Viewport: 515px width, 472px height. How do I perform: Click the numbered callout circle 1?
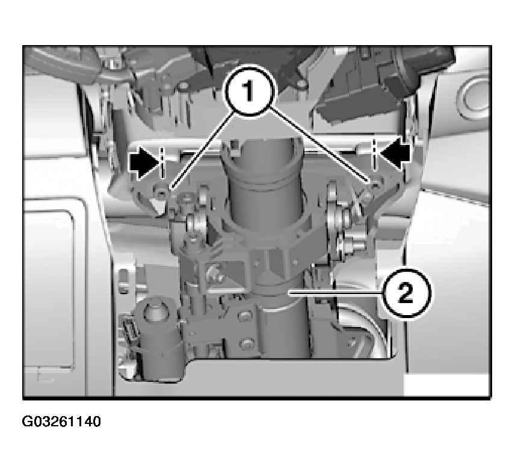coord(248,91)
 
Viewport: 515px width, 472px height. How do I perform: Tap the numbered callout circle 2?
coord(406,293)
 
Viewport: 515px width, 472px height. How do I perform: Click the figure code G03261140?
coord(61,421)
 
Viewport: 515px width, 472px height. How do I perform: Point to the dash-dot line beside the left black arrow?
coord(162,163)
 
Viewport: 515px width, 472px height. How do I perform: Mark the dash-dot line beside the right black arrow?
coord(374,155)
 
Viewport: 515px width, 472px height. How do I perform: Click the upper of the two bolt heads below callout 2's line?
coord(244,316)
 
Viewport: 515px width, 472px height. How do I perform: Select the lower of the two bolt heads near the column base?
coord(247,344)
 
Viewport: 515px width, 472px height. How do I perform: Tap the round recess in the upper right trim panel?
coord(473,98)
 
